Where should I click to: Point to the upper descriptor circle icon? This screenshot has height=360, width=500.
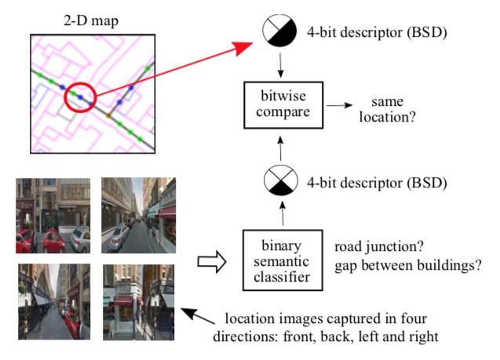pyautogui.click(x=279, y=32)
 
